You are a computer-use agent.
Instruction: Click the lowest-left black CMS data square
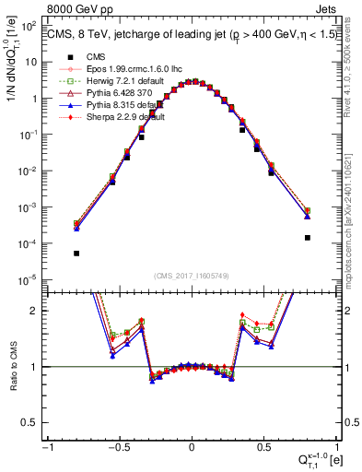pos(76,254)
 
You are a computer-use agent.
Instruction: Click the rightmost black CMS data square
pos(308,238)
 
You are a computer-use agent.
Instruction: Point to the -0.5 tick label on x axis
pos(117,448)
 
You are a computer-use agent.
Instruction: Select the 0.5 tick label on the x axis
pos(265,448)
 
